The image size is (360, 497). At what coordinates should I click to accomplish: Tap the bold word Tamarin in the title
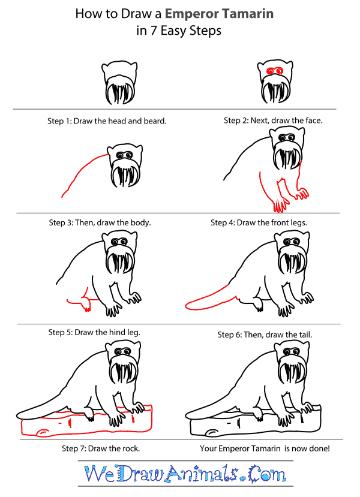pyautogui.click(x=247, y=14)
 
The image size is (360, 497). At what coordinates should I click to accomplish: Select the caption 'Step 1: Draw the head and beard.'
pyautogui.click(x=107, y=121)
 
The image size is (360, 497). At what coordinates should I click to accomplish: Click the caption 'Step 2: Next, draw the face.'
pyautogui.click(x=273, y=121)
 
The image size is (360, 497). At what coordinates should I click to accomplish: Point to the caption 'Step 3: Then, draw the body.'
pyautogui.click(x=100, y=223)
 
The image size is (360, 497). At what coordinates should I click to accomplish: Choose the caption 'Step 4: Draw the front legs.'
pyautogui.click(x=259, y=223)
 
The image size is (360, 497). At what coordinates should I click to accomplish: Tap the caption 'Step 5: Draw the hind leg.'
pyautogui.click(x=94, y=332)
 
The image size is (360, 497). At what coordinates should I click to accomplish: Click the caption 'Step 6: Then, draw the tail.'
pyautogui.click(x=265, y=335)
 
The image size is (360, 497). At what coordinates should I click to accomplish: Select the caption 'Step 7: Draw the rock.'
pyautogui.click(x=101, y=448)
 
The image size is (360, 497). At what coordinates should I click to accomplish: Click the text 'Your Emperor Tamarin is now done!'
pyautogui.click(x=265, y=448)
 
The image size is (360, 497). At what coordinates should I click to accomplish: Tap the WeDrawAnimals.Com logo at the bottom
pyautogui.click(x=185, y=474)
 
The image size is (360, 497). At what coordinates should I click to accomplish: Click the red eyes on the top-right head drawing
pyautogui.click(x=275, y=71)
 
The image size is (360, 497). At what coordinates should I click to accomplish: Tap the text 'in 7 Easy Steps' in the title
pyautogui.click(x=179, y=31)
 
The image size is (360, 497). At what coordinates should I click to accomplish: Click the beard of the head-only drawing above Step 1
pyautogui.click(x=120, y=91)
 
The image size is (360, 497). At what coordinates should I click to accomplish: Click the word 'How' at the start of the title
pyautogui.click(x=86, y=14)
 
